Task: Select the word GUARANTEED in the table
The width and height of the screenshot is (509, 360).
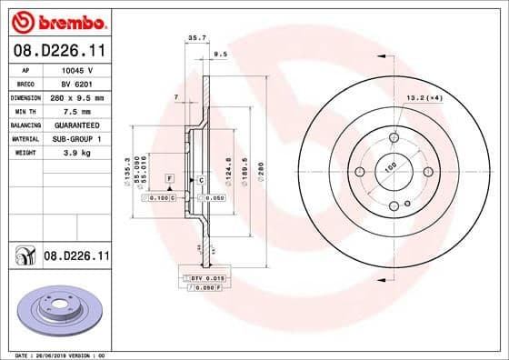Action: point(76,124)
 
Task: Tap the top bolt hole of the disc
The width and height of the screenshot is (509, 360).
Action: point(394,138)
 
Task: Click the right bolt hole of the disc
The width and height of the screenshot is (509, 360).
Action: point(428,172)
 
